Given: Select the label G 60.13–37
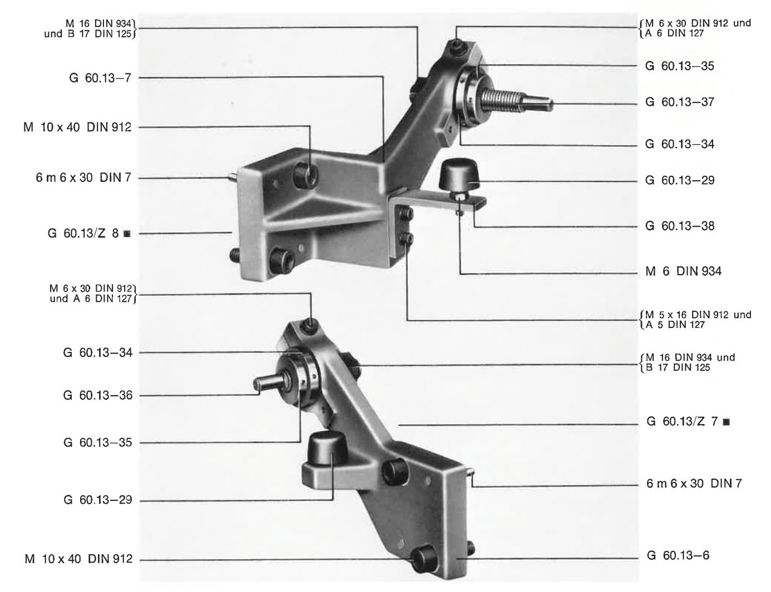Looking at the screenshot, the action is [x=679, y=102].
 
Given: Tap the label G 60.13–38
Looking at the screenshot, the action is [x=679, y=226].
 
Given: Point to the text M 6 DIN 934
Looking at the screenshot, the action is [x=683, y=271].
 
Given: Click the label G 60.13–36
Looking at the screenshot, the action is [x=97, y=395].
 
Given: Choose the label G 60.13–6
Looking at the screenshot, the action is [x=678, y=555].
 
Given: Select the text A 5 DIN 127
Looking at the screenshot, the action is [x=675, y=325].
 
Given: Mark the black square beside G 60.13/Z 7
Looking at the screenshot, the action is [x=726, y=422].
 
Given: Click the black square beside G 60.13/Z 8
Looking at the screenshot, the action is [x=127, y=233].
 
